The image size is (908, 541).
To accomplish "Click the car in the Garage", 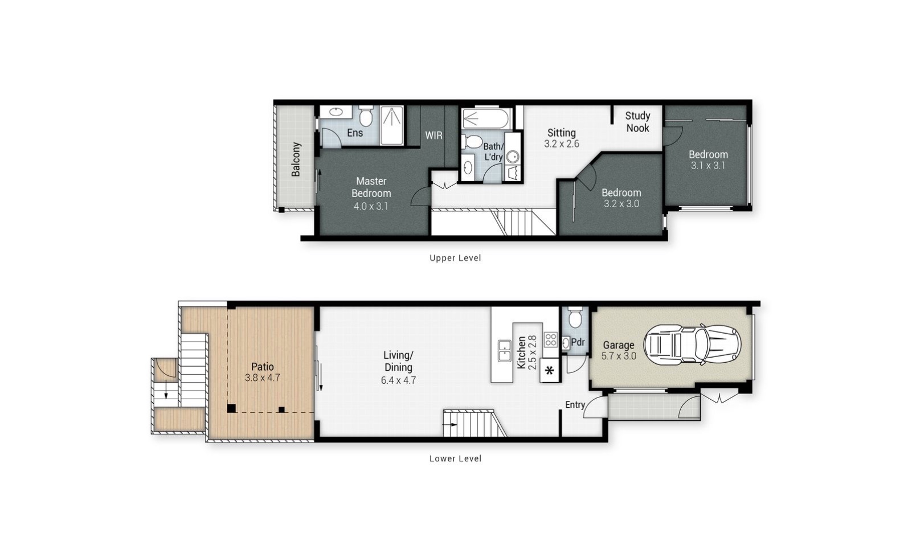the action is click(692, 345).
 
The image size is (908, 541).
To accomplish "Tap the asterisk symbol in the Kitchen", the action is click(550, 370).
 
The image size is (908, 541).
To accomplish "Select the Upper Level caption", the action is click(455, 258).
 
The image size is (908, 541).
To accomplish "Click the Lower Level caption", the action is click(455, 458).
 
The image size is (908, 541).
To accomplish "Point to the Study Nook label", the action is click(637, 122).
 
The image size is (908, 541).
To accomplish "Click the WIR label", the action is click(433, 136).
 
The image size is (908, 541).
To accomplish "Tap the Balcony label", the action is click(296, 159).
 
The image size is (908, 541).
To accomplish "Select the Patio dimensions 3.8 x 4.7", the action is click(262, 378).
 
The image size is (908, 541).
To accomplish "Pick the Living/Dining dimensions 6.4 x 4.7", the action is click(399, 380).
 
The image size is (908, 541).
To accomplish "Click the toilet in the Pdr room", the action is click(575, 317).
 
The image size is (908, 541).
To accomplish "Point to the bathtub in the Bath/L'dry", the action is click(486, 119).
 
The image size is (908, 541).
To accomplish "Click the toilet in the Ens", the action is click(366, 116).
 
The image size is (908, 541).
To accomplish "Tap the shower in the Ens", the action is click(392, 125).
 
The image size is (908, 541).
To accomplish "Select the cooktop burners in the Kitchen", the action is click(550, 339).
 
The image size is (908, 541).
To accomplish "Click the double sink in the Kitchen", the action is click(504, 351).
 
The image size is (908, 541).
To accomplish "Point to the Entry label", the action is click(575, 404).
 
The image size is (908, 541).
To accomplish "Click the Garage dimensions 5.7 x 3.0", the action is click(619, 356).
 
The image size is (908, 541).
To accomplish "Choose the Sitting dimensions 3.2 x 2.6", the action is click(562, 144).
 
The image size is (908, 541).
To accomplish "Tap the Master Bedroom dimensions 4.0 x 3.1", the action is click(371, 206).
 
